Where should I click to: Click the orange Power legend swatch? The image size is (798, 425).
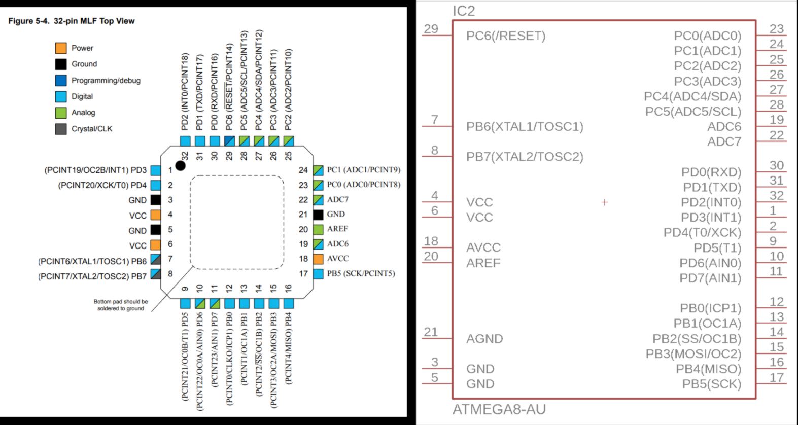click(61, 48)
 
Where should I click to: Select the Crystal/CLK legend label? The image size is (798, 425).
click(92, 129)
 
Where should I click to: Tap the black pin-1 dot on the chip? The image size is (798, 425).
click(180, 165)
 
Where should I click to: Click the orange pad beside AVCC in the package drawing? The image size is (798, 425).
click(318, 259)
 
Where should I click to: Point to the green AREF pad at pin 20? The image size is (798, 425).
click(318, 229)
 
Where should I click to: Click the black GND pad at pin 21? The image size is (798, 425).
click(318, 215)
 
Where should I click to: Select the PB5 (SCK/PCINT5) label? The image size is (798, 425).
click(361, 273)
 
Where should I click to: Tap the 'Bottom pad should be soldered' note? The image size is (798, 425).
click(121, 305)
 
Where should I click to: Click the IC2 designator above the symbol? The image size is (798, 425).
click(464, 11)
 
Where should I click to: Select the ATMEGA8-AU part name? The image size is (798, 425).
click(499, 409)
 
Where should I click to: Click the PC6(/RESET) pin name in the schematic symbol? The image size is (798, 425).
click(506, 36)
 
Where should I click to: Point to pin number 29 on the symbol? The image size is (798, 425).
click(431, 29)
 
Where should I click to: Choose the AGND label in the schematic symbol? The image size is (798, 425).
click(484, 339)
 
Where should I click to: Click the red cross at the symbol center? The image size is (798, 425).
click(604, 202)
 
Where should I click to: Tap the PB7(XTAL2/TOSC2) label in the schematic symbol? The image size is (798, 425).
click(525, 157)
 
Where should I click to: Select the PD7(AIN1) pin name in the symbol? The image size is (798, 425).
click(710, 278)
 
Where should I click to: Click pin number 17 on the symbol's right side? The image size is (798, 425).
click(776, 377)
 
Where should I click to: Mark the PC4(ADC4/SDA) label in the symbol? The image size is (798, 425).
click(692, 96)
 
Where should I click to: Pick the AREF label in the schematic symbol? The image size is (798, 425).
click(483, 263)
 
